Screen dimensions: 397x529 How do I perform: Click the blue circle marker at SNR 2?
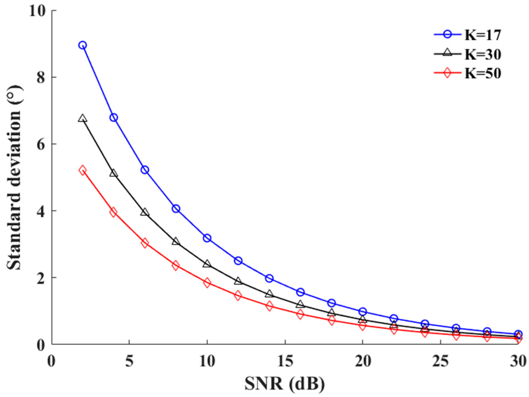[83, 45]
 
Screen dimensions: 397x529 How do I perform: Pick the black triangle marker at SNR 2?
[83, 118]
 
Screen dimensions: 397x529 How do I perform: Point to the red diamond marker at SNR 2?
[83, 171]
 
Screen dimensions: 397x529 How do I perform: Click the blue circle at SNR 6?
[145, 170]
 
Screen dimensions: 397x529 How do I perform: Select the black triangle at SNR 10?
[207, 264]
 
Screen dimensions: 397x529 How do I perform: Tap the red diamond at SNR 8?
[176, 265]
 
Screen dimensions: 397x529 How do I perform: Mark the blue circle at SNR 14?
[270, 278]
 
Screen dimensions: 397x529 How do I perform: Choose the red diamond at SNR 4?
[114, 212]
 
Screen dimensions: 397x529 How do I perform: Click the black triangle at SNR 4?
[114, 174]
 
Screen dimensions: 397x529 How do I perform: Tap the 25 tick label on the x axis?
[440, 362]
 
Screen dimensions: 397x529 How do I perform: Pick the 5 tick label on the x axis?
[129, 362]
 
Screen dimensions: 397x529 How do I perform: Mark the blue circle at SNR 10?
[207, 238]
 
